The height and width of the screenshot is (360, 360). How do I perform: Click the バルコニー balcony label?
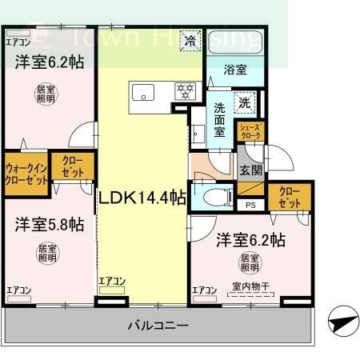[158, 326]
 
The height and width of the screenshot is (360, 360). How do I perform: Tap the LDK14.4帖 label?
[142, 196]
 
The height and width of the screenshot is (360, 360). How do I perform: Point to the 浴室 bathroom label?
[235, 70]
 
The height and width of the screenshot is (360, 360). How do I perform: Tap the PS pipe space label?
[251, 203]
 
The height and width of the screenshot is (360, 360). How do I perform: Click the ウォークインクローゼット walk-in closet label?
[25, 174]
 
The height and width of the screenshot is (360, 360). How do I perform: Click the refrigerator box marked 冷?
[190, 40]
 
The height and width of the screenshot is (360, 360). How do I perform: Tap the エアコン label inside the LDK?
[112, 281]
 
